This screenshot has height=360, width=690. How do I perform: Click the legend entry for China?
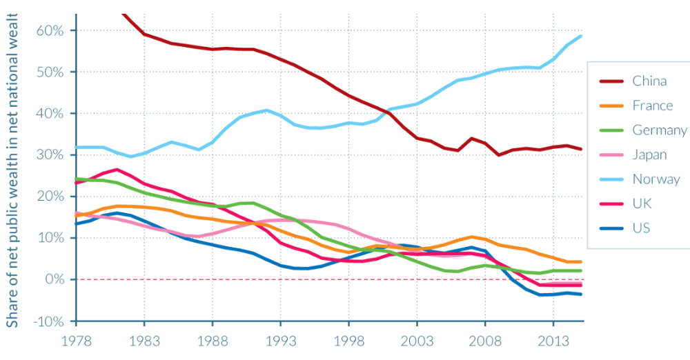tap(649, 81)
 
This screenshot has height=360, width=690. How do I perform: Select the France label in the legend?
tap(652, 106)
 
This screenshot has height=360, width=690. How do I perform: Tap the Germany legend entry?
tap(659, 130)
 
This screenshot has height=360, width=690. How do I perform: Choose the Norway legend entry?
tap(656, 179)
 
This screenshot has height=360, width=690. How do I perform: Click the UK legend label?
tap(642, 203)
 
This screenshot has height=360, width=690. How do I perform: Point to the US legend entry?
tap(641, 228)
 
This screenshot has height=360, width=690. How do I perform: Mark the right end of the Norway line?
tap(582, 36)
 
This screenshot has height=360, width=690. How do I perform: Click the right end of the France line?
tap(582, 262)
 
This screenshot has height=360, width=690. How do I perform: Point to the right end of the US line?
tap(582, 294)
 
